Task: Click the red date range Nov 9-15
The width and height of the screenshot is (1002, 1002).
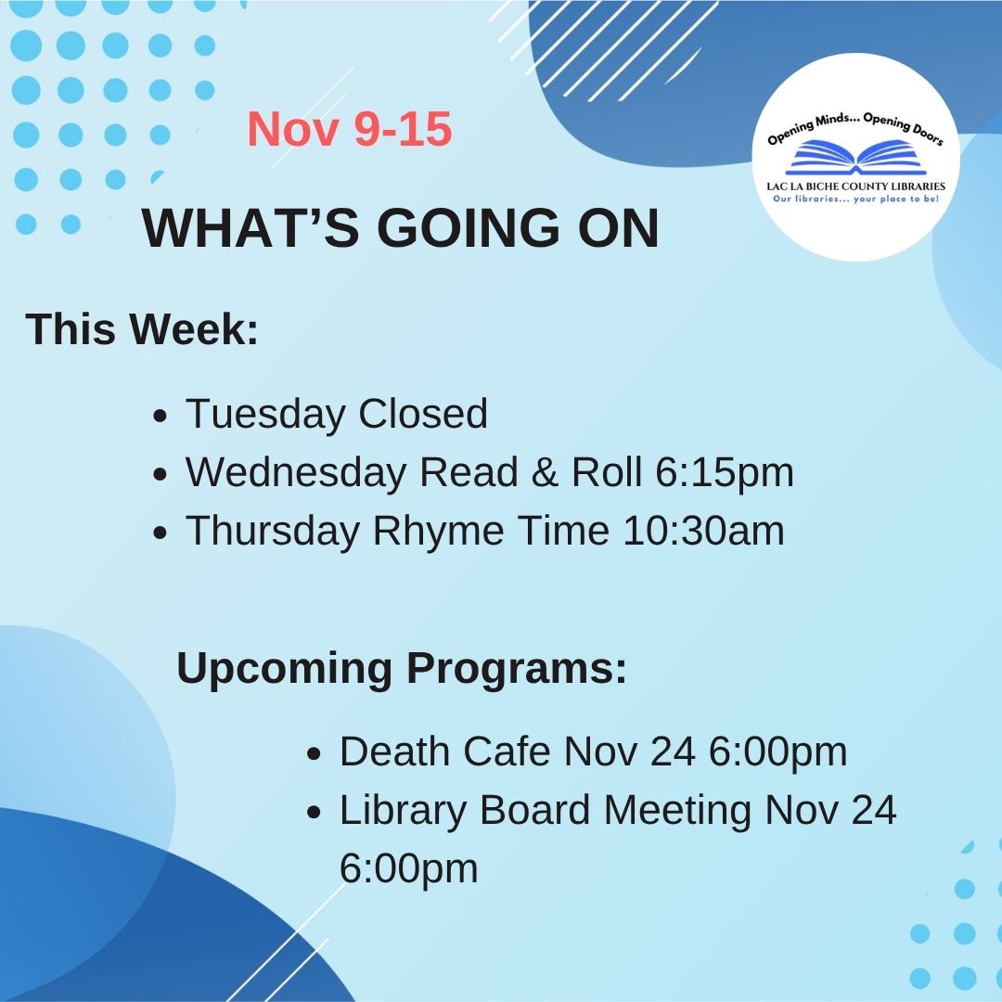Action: tap(349, 130)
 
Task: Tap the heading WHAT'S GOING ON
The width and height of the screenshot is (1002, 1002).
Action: tap(400, 228)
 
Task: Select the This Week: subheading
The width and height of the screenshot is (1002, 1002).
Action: tap(142, 329)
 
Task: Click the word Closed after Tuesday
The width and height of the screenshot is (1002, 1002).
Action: tap(423, 414)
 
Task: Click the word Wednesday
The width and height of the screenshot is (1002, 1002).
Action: tap(297, 472)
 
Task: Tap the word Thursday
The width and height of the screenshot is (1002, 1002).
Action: tap(273, 531)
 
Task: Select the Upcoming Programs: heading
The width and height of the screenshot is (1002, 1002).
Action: tap(402, 669)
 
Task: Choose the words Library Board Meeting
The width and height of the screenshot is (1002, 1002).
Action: tap(546, 810)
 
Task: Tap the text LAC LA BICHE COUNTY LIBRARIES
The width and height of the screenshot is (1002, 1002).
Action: tap(855, 186)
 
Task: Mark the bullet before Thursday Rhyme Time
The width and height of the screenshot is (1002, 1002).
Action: tap(161, 533)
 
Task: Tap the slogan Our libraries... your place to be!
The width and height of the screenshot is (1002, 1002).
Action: tap(855, 199)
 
